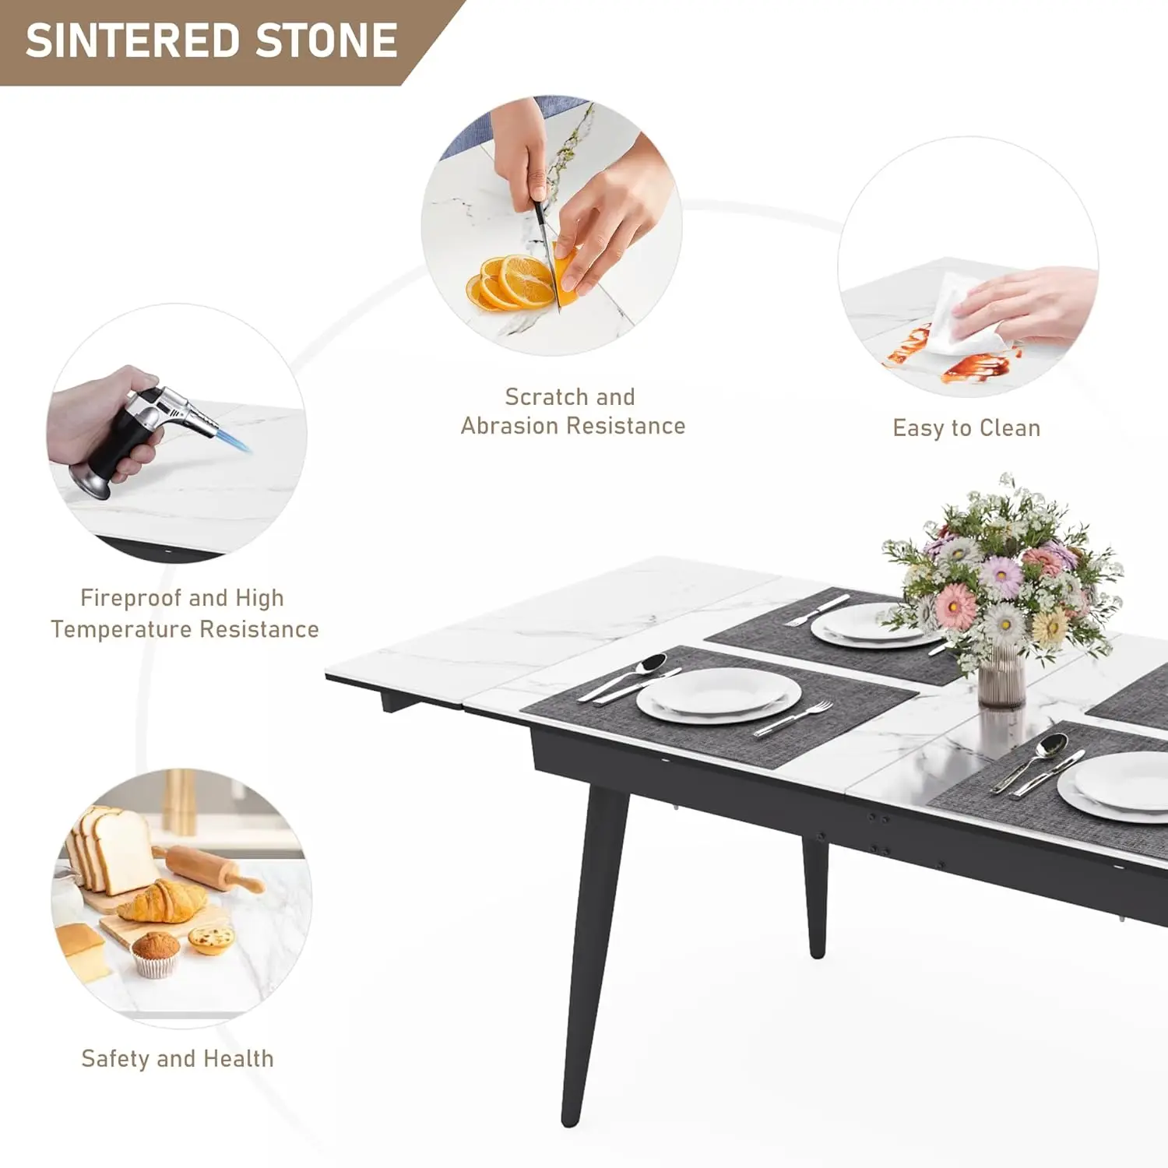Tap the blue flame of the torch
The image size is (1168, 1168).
coord(234,440)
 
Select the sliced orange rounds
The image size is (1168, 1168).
coord(510,282)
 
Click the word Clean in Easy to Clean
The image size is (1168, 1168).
coord(1010,427)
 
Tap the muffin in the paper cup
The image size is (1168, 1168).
coord(157,953)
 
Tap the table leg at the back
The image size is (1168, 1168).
coord(815,895)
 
